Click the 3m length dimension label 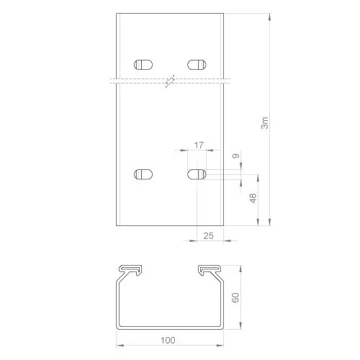264,123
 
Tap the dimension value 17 199,145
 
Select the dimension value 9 236,156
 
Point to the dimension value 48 253,198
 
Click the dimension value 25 208,236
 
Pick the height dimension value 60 235,297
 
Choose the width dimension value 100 168,340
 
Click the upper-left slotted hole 143,65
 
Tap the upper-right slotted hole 197,65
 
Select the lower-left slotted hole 143,174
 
